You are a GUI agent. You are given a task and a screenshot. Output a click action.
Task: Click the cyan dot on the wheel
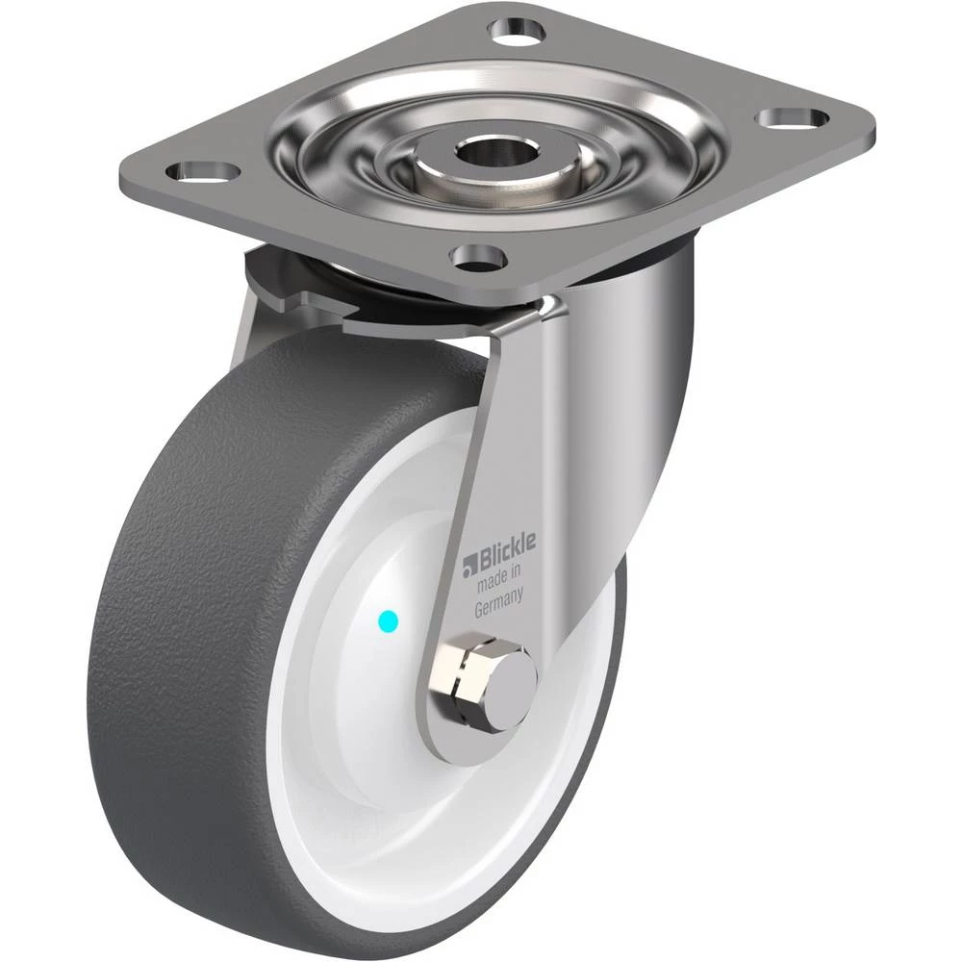pyautogui.click(x=389, y=622)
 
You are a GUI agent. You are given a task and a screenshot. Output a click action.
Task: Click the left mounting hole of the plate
pyautogui.click(x=202, y=170)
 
